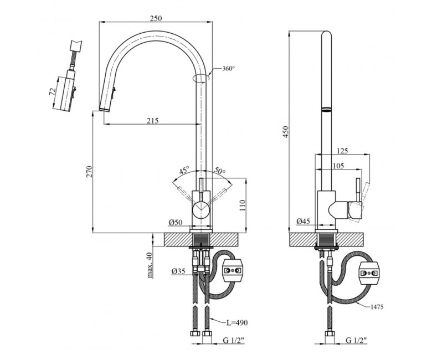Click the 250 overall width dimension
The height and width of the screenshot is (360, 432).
pyautogui.click(x=156, y=18)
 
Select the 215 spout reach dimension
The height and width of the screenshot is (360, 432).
pyautogui.click(x=152, y=120)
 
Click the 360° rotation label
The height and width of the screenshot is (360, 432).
pyautogui.click(x=229, y=68)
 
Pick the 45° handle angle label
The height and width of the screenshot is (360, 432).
pyautogui.click(x=184, y=170)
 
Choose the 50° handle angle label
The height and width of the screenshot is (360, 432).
pyautogui.click(x=220, y=171)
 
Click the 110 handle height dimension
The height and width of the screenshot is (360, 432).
pyautogui.click(x=242, y=205)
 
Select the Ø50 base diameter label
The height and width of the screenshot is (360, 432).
pyautogui.click(x=176, y=222)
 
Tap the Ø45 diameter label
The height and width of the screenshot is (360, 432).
pyautogui.click(x=303, y=221)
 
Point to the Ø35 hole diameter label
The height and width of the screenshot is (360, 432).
pyautogui.click(x=178, y=271)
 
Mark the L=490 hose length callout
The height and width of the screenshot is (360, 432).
pyautogui.click(x=237, y=322)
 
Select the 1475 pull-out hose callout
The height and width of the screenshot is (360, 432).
pyautogui.click(x=377, y=307)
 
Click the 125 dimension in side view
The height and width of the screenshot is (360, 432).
pyautogui.click(x=342, y=151)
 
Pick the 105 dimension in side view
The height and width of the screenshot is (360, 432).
pyautogui.click(x=338, y=166)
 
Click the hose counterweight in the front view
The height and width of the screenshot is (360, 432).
pyautogui.click(x=233, y=270)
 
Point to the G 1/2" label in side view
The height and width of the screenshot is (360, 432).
pyautogui.click(x=356, y=341)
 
